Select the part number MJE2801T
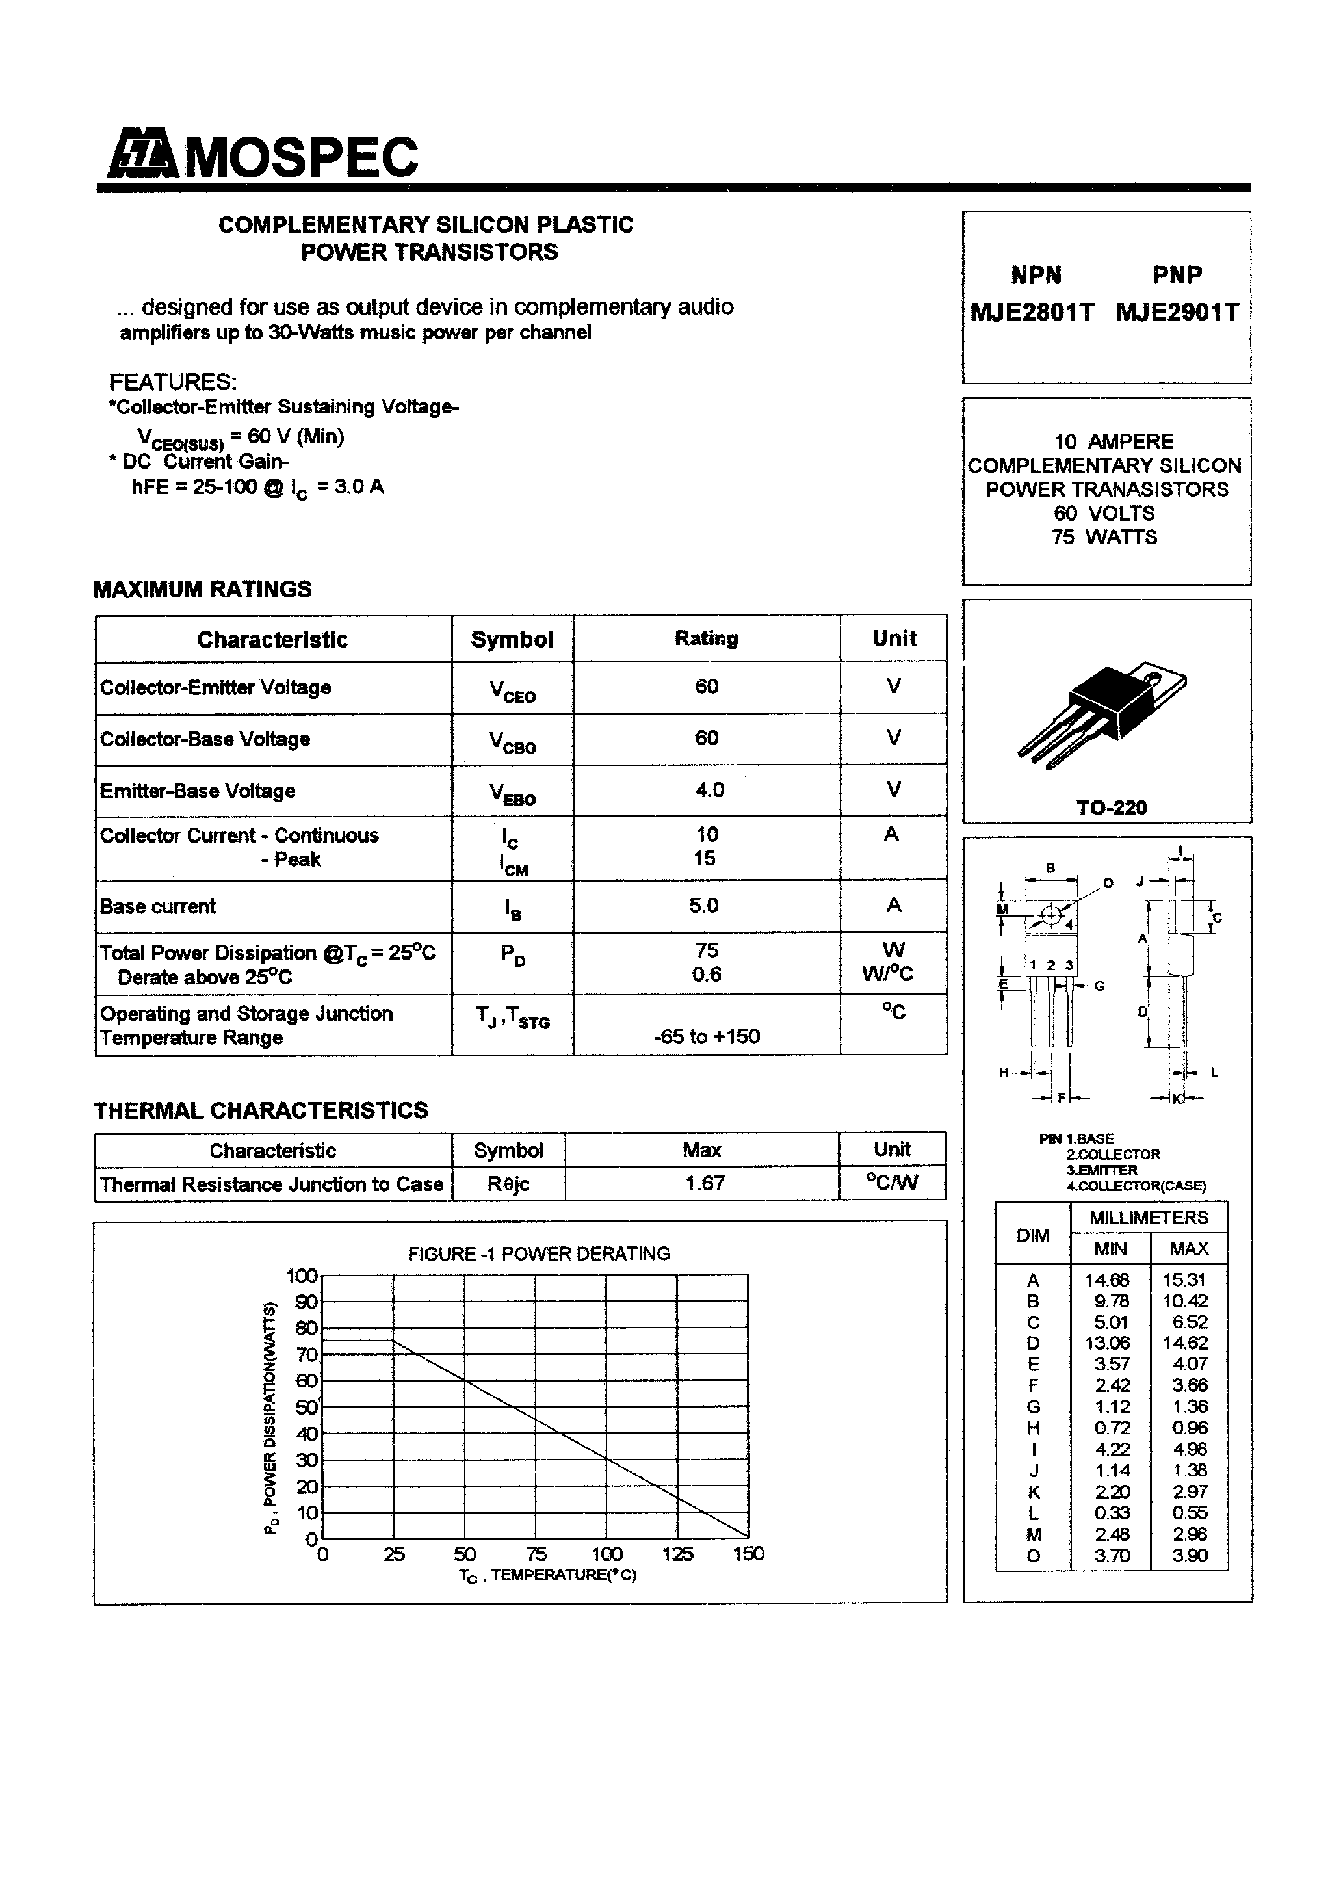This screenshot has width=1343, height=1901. pyautogui.click(x=1032, y=313)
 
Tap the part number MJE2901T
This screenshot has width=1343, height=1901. pyautogui.click(x=1177, y=313)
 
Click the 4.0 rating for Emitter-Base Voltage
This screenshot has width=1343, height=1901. pyautogui.click(x=709, y=790)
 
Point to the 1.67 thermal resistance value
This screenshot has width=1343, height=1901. pyautogui.click(x=704, y=1183)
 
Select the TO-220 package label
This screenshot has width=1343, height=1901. pyautogui.click(x=1111, y=808)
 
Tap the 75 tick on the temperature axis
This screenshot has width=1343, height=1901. pyautogui.click(x=536, y=1554)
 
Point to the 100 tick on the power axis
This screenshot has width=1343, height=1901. pyautogui.click(x=302, y=1276)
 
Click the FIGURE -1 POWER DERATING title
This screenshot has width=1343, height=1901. pyautogui.click(x=538, y=1253)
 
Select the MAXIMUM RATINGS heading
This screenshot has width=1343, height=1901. pyautogui.click(x=203, y=590)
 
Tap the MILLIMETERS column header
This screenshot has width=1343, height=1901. pyautogui.click(x=1149, y=1218)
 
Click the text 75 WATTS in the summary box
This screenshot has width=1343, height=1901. pyautogui.click(x=1104, y=538)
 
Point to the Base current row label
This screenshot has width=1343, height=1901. pyautogui.click(x=158, y=907)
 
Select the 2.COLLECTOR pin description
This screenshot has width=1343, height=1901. pyautogui.click(x=1112, y=1154)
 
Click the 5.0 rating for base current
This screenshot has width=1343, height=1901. pyautogui.click(x=704, y=906)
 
